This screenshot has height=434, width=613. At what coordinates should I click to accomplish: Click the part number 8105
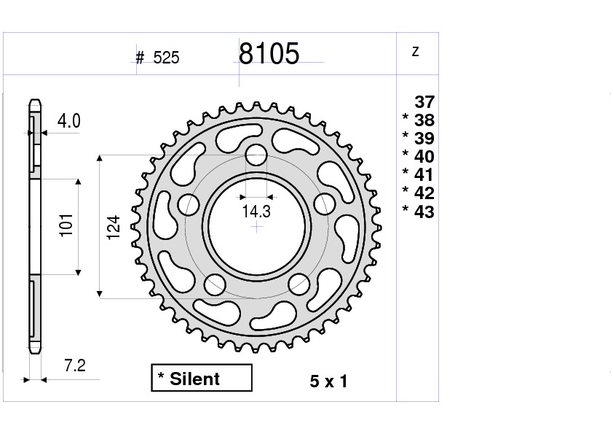[269, 53]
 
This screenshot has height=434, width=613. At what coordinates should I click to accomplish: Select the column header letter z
[415, 51]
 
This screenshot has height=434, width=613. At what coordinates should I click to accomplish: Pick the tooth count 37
[424, 102]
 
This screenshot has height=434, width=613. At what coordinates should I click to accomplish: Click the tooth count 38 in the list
[424, 120]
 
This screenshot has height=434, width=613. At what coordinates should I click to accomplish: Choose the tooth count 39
[424, 139]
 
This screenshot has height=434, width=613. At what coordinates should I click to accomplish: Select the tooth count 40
[424, 157]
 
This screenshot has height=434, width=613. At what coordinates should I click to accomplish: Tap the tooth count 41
[424, 175]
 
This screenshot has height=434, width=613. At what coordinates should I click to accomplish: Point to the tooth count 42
[424, 193]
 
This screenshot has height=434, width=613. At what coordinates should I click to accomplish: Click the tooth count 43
[424, 212]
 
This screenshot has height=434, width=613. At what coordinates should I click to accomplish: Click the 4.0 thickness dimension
[69, 121]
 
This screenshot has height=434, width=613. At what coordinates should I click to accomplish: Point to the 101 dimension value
[66, 228]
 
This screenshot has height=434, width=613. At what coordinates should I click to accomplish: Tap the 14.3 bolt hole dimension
[256, 212]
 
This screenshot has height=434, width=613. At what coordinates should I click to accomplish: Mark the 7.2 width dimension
[75, 366]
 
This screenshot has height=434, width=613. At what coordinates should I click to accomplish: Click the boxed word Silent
[194, 379]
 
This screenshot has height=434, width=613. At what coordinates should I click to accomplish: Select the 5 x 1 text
[328, 381]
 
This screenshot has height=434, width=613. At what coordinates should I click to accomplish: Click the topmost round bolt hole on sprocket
[256, 155]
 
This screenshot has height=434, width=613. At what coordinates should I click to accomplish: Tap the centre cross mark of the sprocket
[256, 227]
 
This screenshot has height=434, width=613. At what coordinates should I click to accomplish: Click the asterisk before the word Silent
[161, 377]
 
